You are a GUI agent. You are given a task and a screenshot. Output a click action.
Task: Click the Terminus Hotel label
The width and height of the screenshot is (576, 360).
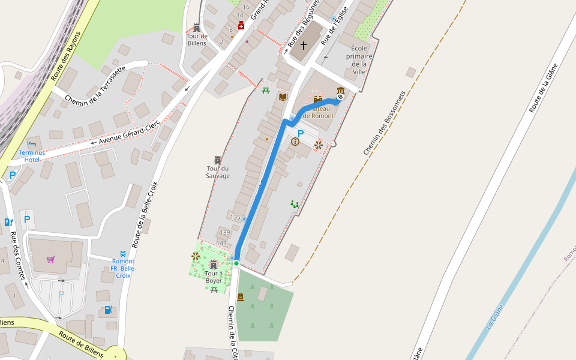click(32, 156)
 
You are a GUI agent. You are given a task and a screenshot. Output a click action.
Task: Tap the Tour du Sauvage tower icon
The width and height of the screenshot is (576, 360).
click(217, 160)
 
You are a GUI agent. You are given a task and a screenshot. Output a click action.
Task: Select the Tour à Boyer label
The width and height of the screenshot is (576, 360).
click(214, 277)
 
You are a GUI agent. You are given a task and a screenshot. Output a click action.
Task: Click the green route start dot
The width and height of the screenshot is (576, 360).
click(236, 263)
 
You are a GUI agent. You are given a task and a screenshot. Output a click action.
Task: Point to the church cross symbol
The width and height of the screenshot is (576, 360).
click(304, 46)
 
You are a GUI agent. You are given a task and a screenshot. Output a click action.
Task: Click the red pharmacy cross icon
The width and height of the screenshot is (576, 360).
click(241, 25)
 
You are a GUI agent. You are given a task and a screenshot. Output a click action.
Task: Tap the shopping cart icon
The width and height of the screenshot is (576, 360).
click(51, 259)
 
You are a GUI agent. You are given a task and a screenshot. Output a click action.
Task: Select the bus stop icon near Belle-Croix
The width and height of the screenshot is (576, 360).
click(123, 254)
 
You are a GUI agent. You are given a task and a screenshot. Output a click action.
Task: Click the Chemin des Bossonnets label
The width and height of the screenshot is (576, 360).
click(385, 124)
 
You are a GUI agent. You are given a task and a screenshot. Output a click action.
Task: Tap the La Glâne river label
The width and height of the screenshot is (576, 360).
click(494, 317)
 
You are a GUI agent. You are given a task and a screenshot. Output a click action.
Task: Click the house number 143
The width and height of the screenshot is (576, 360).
click(221, 243)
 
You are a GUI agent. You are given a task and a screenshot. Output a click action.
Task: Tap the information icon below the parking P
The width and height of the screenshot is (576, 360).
click(295, 142)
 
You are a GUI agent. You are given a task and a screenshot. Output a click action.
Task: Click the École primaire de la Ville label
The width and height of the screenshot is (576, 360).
click(359, 60)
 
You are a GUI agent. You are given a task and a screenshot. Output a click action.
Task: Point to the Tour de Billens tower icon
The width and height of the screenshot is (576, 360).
click(196, 28)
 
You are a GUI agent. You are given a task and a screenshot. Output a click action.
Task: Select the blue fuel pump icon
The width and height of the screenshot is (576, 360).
click(108, 310)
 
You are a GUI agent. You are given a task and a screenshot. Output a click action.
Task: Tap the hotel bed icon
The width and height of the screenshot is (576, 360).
click(32, 144)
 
